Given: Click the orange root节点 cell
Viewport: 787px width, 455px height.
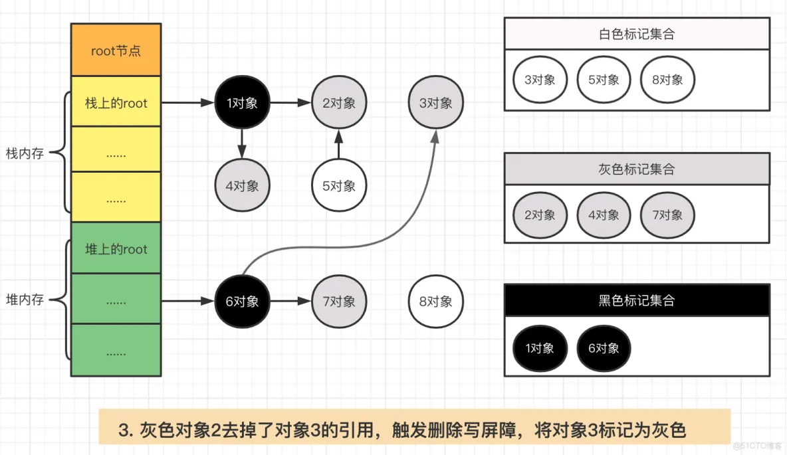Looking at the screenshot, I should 116,50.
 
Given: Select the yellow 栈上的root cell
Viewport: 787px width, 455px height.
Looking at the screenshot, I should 116,103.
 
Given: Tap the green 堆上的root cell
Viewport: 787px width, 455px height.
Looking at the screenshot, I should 116,249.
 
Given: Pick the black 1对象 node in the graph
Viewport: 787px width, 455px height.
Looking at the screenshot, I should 242,103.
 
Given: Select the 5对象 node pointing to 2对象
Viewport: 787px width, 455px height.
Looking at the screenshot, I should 339,186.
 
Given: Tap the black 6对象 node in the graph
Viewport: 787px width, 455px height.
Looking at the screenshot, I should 242,301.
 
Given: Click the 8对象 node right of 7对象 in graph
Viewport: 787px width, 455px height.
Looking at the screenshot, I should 436,301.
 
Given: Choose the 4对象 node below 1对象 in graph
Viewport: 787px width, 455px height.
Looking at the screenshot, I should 242,186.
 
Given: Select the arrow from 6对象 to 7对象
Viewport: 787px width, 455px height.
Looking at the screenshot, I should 290,301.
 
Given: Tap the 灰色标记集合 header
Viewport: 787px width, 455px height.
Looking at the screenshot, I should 636,169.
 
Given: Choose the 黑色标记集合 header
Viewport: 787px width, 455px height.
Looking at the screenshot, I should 636,301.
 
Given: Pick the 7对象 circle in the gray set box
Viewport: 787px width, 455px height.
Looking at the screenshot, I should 667,215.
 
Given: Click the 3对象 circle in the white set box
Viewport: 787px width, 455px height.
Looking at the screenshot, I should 540,80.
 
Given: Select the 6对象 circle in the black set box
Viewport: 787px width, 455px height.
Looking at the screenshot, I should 604,348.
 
